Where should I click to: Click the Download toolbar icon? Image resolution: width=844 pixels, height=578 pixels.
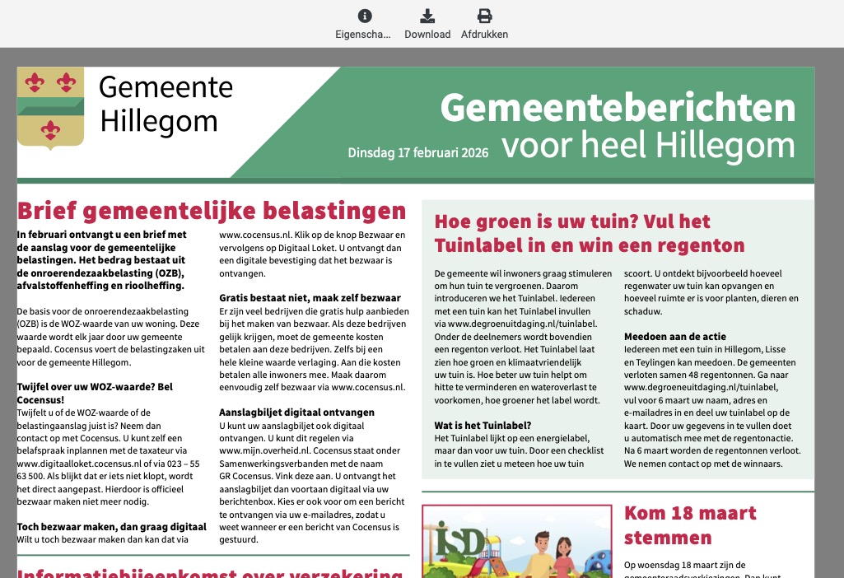(427, 16)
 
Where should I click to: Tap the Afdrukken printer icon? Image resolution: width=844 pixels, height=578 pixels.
(485, 16)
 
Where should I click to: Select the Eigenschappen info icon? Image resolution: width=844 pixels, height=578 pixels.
(365, 16)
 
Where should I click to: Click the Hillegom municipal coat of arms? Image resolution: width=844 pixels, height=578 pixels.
(51, 107)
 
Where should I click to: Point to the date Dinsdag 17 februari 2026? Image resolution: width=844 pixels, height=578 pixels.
(417, 152)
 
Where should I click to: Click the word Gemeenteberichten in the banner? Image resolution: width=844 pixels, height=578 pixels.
(618, 109)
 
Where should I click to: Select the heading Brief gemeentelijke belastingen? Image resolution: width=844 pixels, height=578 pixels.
(212, 212)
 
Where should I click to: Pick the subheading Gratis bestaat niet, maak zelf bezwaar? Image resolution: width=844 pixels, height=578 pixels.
(310, 297)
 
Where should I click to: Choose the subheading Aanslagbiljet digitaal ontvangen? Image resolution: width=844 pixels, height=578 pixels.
(297, 412)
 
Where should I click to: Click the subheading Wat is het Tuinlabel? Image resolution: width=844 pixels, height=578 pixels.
(483, 426)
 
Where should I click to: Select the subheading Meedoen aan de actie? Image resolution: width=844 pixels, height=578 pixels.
(674, 337)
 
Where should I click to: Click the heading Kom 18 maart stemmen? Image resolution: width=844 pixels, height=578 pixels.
(689, 525)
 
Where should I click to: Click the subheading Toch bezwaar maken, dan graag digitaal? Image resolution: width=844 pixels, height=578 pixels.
(112, 526)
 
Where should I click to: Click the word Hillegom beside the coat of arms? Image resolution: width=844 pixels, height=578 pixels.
(158, 120)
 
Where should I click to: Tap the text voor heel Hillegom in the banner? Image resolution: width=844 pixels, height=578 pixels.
(648, 147)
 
